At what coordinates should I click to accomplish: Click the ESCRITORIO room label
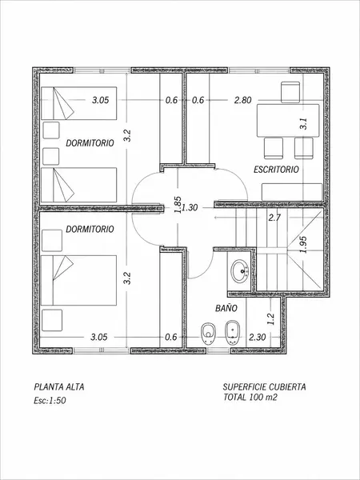pos(276,170)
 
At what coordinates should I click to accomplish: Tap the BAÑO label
pos(226,308)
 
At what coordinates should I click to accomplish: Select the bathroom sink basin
pos(240,271)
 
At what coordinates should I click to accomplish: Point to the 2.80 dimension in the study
pos(242,100)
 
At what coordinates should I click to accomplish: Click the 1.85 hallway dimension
pos(178,204)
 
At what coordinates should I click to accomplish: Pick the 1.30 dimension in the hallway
pos(190,207)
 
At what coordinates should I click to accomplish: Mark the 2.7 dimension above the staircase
pos(274,218)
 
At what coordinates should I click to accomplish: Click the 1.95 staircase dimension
pos(303,245)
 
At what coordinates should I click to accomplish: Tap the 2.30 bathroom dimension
pos(257,337)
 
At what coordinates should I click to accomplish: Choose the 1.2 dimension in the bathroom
pos(270,319)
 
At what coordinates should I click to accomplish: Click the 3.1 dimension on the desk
pos(303,124)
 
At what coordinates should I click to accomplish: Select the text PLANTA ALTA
pos(59,386)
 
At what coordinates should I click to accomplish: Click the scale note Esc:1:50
pos(50,401)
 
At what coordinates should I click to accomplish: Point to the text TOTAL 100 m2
pos(250,397)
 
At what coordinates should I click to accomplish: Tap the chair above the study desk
pos(290,92)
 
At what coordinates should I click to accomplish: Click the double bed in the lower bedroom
pos(78,280)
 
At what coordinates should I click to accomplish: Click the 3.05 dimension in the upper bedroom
pos(101,100)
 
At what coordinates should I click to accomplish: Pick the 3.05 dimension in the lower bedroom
pos(99,337)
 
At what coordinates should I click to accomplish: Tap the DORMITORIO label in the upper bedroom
pos(90,143)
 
